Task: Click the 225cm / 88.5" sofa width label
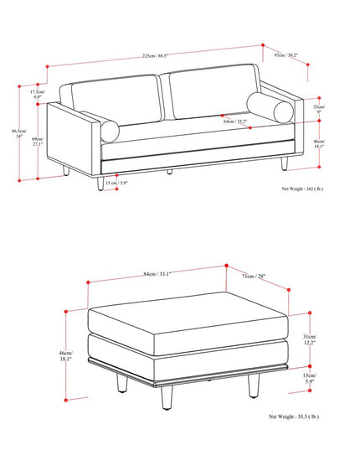pos(155,56)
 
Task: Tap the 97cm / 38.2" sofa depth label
pos(287,56)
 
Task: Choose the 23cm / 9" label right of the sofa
pos(319,110)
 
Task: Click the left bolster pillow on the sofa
pos(110,131)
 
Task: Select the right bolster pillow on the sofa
pos(270,109)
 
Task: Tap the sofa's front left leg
pos(100,181)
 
